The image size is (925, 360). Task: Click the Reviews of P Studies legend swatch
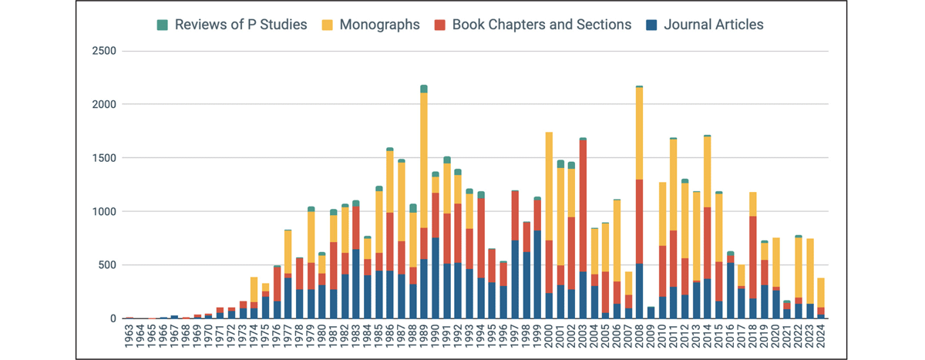(163, 25)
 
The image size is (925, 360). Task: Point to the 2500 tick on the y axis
(103, 51)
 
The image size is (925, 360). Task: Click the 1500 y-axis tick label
(103, 158)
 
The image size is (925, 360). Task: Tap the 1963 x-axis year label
(129, 337)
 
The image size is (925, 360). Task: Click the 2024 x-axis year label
(821, 337)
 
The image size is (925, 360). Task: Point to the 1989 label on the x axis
(424, 337)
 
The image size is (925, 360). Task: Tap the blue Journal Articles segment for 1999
(537, 274)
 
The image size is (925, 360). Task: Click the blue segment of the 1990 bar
(436, 278)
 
